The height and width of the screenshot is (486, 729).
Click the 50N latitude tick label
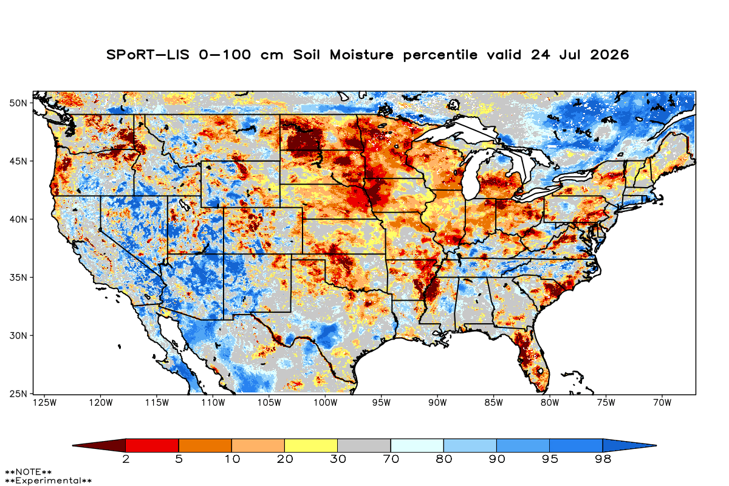(18, 103)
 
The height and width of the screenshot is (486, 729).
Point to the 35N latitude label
(18, 278)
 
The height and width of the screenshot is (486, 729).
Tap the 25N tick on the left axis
(18, 394)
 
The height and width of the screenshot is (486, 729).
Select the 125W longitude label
(45, 403)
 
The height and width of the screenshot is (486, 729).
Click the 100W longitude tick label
(326, 403)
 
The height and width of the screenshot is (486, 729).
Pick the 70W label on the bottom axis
(662, 403)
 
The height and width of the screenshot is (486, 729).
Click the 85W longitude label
(494, 403)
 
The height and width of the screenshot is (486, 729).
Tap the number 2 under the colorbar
(126, 459)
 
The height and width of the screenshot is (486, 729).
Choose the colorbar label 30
(338, 459)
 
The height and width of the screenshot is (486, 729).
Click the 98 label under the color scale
(603, 459)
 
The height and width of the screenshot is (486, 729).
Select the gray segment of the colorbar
(364, 445)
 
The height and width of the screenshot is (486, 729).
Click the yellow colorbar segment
(311, 445)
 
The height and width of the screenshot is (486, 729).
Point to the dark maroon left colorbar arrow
(99, 445)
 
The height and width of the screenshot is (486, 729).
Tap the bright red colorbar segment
(152, 445)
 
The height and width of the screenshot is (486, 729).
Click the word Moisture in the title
(361, 55)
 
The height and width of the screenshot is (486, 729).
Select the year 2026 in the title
(609, 55)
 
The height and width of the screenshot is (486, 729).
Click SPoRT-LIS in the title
(148, 55)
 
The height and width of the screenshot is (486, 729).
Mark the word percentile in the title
(440, 55)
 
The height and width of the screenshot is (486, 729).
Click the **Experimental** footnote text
(48, 481)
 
